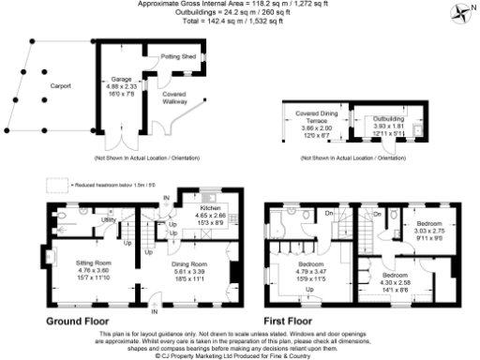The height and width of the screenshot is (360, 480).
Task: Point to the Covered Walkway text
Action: pyautogui.click(x=172, y=97)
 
